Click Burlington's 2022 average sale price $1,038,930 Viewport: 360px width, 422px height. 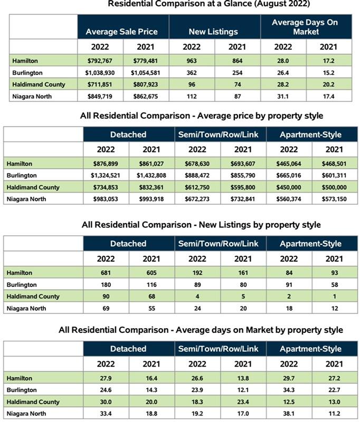pyautogui.click(x=101, y=73)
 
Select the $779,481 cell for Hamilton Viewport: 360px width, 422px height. pyautogui.click(x=146, y=61)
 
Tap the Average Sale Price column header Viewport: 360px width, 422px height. pyautogui.click(x=121, y=32)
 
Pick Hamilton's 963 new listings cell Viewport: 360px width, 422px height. pyautogui.click(x=192, y=61)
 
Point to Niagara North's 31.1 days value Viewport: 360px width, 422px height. pyautogui.click(x=282, y=96)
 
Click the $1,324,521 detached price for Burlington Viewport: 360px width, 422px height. pyautogui.click(x=106, y=175)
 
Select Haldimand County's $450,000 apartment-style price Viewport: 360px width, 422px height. pyautogui.click(x=289, y=187)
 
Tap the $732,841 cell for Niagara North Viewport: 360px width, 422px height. pyautogui.click(x=243, y=199)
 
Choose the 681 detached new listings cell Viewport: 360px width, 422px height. pyautogui.click(x=106, y=273)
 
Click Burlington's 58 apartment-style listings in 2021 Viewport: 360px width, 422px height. pyautogui.click(x=334, y=285)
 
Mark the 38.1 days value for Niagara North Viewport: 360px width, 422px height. pyautogui.click(x=289, y=414)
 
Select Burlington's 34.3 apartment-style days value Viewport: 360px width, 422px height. pyautogui.click(x=289, y=390)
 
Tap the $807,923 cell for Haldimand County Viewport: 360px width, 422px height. pyautogui.click(x=146, y=84)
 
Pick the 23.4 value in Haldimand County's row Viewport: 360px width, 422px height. pyautogui.click(x=243, y=402)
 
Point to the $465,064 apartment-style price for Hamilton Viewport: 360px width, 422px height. pyautogui.click(x=289, y=164)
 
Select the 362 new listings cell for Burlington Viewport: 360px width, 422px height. pyautogui.click(x=192, y=73)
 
